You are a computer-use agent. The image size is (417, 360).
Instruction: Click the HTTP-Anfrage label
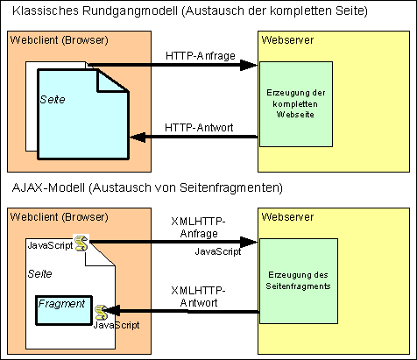201,55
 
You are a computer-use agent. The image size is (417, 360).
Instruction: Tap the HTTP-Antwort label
199,127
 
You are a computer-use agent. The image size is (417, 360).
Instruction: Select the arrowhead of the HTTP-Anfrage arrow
249,65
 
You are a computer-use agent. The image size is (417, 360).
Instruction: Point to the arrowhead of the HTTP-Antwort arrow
138,137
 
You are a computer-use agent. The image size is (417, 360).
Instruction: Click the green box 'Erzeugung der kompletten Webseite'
296,104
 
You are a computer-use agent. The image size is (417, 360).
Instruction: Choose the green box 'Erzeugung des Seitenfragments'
299,281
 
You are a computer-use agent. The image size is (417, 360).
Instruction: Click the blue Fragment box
64,310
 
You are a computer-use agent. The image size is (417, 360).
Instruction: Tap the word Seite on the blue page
53,100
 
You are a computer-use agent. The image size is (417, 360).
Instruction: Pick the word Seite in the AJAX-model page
39,273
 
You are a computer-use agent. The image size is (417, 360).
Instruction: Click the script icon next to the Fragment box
101,313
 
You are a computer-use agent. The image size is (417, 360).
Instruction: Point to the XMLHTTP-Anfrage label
198,228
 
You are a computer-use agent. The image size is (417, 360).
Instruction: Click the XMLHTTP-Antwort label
198,296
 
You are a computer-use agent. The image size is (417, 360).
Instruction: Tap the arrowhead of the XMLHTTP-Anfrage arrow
249,242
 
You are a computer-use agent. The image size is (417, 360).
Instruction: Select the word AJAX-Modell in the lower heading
48,187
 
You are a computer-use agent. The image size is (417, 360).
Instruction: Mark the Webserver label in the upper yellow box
287,39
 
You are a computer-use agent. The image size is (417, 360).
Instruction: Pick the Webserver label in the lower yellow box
287,216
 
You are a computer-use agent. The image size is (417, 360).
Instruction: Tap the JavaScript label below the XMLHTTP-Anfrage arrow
218,251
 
